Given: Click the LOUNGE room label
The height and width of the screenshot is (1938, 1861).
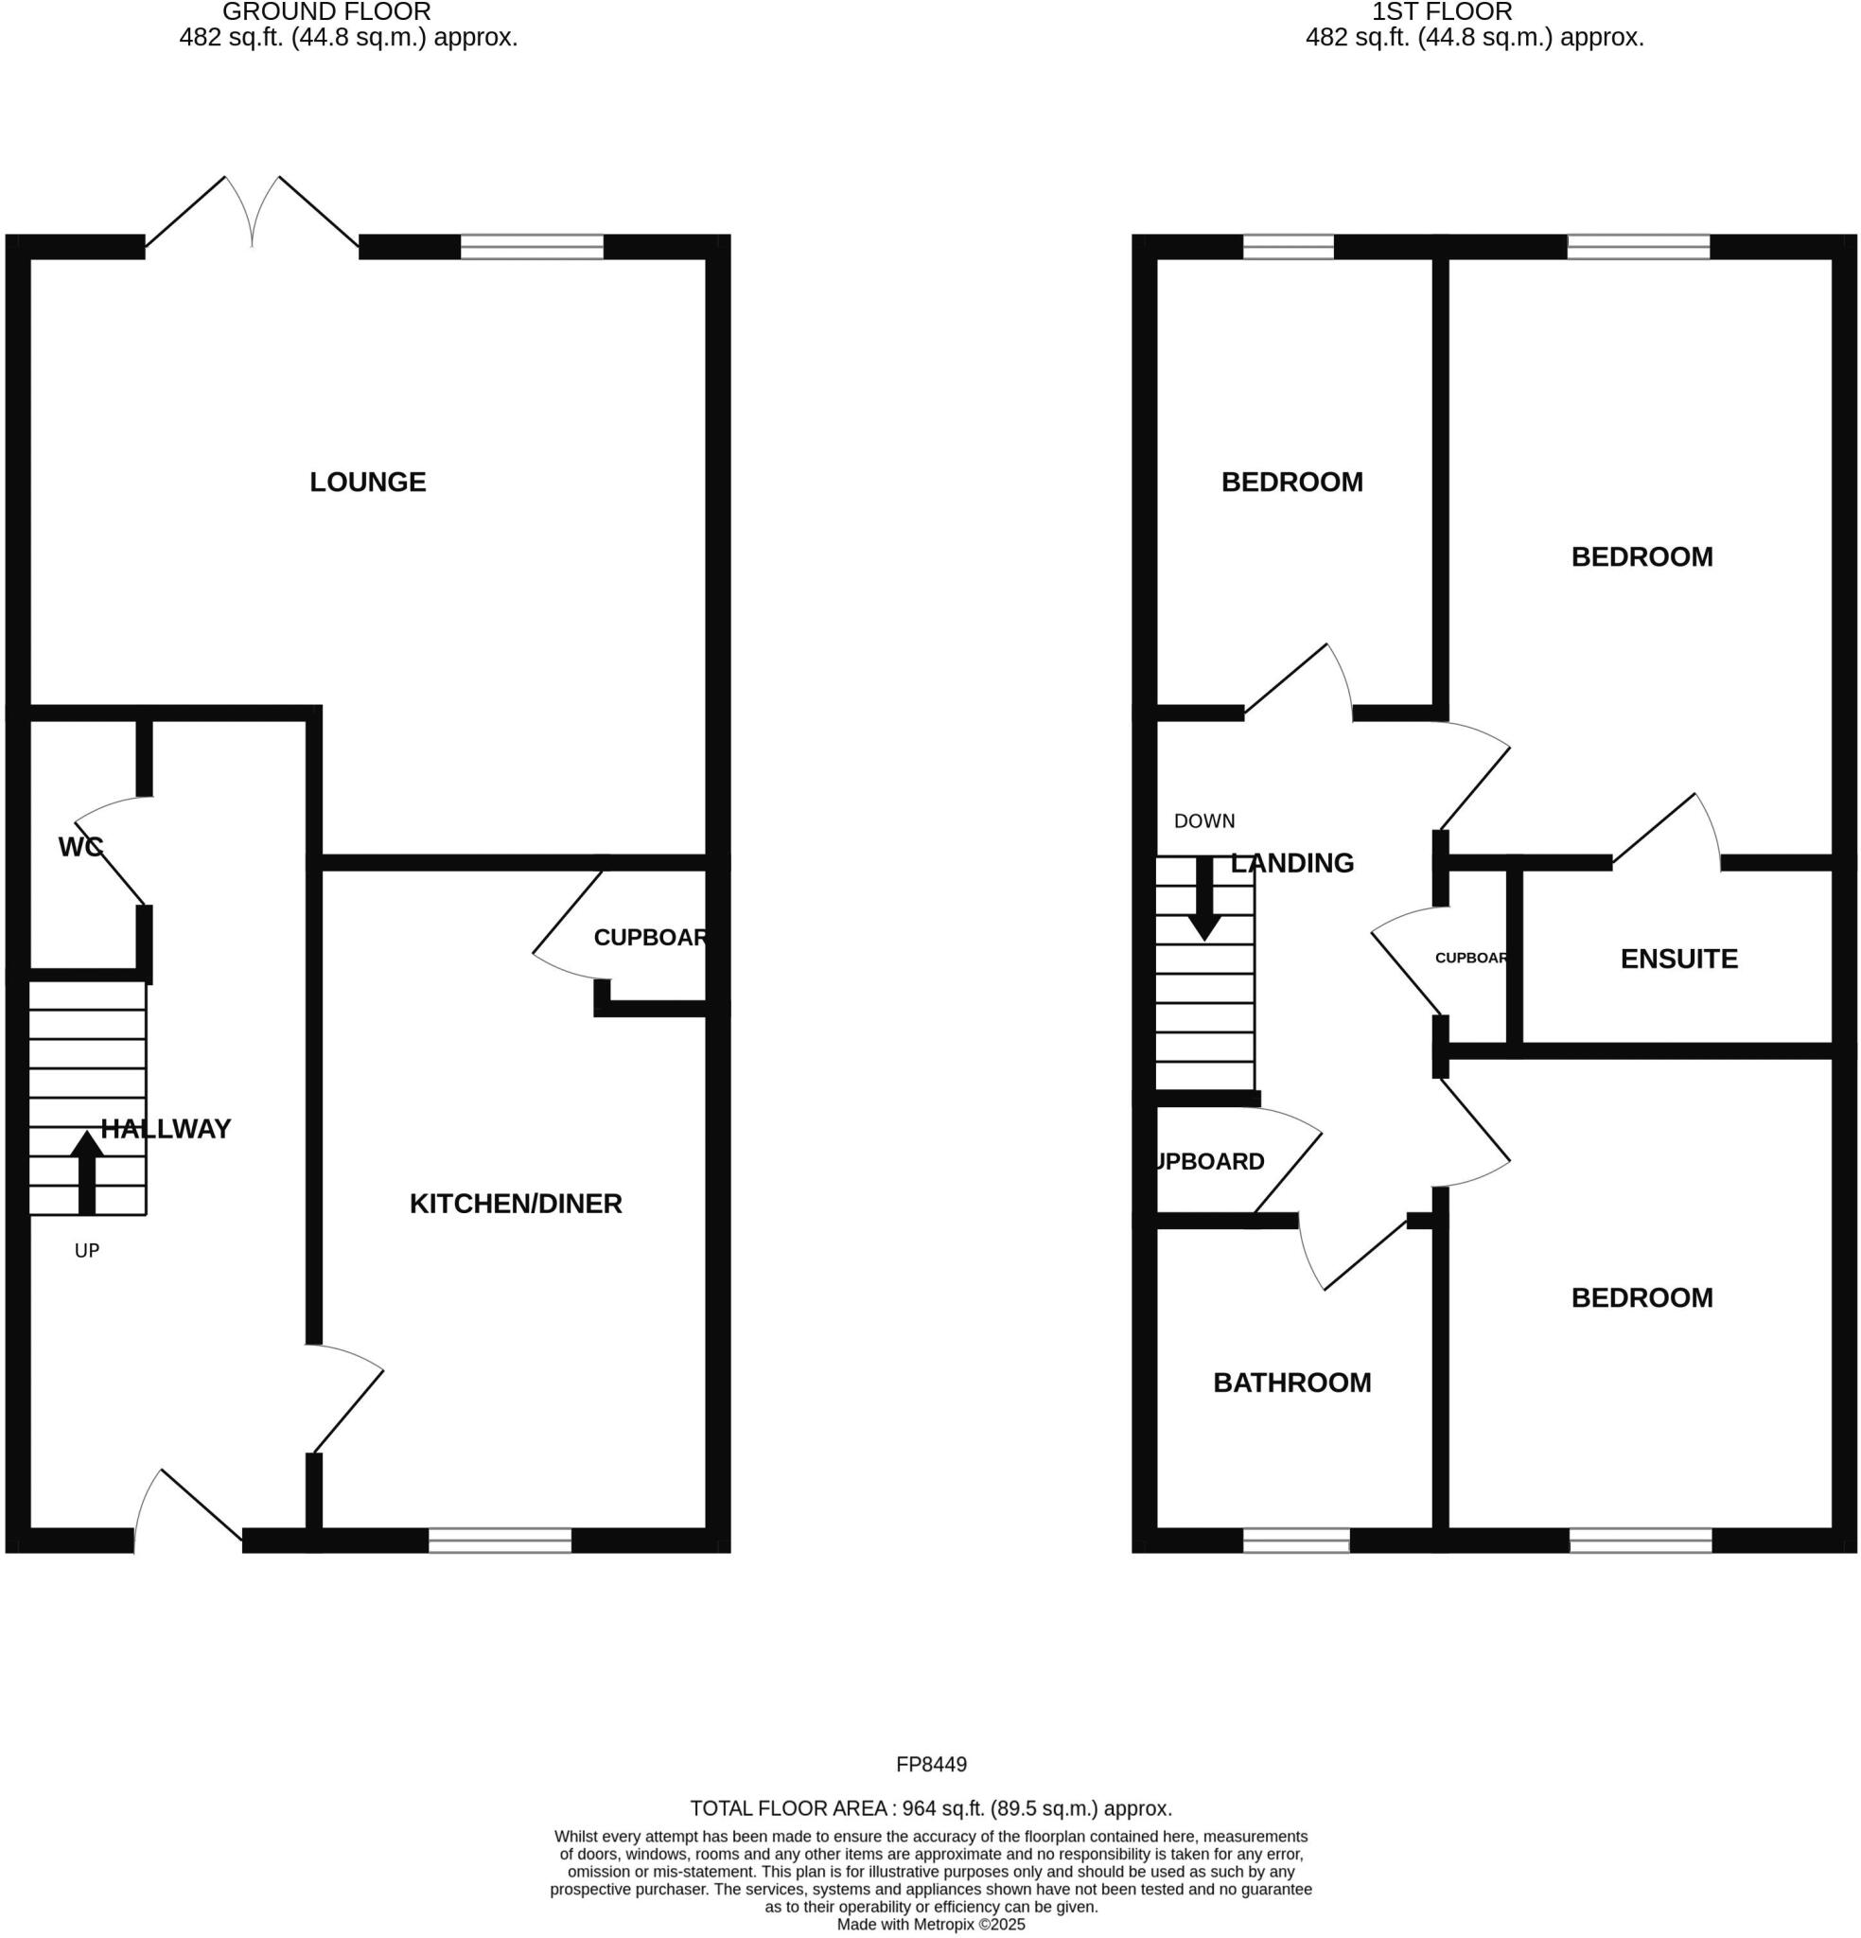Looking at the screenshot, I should (367, 482).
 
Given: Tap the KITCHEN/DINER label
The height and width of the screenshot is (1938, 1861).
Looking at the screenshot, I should (516, 1204).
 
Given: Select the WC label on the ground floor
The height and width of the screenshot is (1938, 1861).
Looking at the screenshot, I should (80, 846).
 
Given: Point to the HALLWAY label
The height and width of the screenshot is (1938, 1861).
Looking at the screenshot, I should (166, 1128).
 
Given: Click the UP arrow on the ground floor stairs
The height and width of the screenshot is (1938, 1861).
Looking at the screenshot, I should (87, 1172).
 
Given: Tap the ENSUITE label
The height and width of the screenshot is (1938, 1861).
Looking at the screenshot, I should (1678, 959).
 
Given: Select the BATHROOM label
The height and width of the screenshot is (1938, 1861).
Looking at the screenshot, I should (1291, 1383).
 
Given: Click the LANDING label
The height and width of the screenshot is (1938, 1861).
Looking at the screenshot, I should (1291, 863).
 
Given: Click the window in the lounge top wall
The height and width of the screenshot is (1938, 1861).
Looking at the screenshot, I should (532, 246).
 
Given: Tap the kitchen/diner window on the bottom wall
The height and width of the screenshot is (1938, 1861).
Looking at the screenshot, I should (500, 1540).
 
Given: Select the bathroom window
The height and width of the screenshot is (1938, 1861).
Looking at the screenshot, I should (1295, 1540).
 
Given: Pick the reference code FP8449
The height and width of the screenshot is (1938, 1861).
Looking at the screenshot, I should (931, 1764).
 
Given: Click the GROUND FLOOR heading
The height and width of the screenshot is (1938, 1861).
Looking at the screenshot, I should (326, 12).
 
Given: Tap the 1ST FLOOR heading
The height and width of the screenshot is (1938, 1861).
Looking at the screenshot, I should (1441, 12).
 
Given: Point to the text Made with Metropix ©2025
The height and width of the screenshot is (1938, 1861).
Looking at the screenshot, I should (931, 1924).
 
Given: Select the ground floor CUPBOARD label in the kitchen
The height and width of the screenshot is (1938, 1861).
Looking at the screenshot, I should (650, 938).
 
